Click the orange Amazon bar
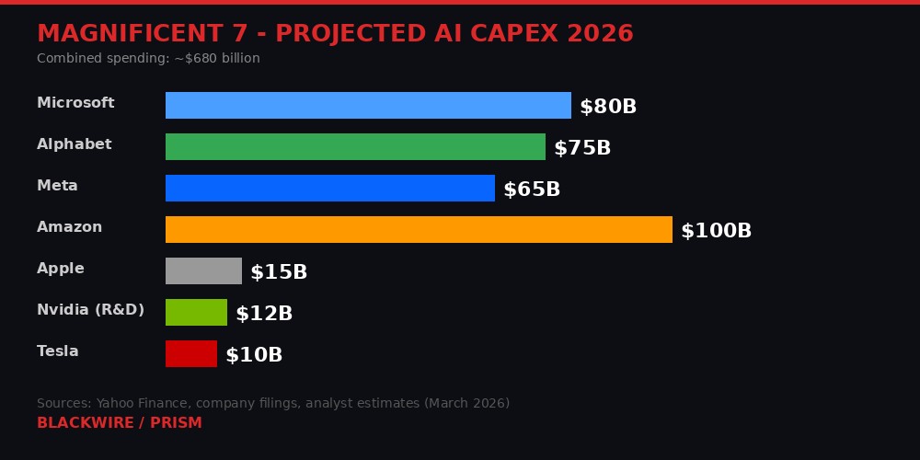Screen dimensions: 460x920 click(x=419, y=229)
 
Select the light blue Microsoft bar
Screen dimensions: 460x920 click(x=368, y=105)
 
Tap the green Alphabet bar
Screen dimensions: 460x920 click(x=355, y=146)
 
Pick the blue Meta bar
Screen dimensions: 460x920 click(x=329, y=188)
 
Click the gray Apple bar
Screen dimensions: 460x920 click(x=203, y=270)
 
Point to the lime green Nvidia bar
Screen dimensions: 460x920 click(x=196, y=312)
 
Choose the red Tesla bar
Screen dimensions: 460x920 click(x=190, y=353)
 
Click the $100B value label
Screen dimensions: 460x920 click(x=716, y=231)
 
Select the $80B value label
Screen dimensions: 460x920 click(x=607, y=107)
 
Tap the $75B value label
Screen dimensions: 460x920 click(x=581, y=148)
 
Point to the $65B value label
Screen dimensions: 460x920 click(x=531, y=190)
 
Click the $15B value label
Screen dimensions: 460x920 click(x=278, y=272)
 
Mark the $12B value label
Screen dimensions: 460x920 click(x=263, y=314)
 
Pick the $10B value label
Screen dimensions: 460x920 click(x=253, y=355)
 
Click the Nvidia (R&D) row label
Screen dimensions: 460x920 click(x=90, y=310)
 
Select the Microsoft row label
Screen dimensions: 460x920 click(x=75, y=103)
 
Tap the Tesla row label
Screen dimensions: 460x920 click(x=57, y=351)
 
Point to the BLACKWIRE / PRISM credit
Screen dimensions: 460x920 click(x=119, y=423)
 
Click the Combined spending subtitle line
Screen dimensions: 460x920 click(x=148, y=59)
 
